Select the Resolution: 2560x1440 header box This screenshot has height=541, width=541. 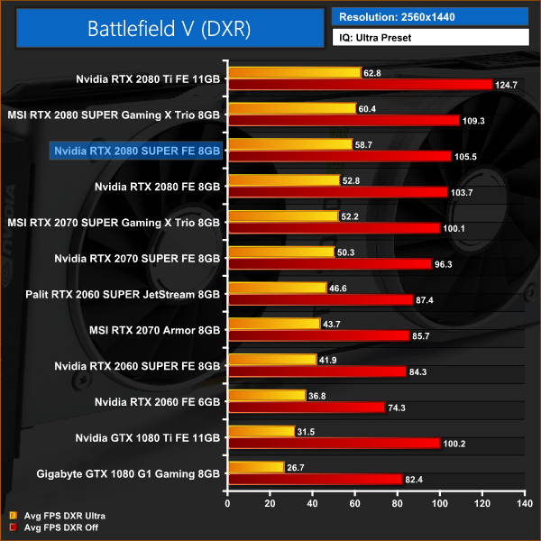click(428, 16)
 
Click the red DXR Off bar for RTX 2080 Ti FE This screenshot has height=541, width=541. click(360, 85)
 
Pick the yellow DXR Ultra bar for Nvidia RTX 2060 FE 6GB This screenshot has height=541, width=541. click(267, 395)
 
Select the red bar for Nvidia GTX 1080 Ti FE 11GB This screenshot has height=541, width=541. click(334, 443)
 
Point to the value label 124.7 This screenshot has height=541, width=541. click(506, 85)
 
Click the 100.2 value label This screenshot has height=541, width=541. click(454, 443)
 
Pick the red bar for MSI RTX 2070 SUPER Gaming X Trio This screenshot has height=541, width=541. click(334, 228)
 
